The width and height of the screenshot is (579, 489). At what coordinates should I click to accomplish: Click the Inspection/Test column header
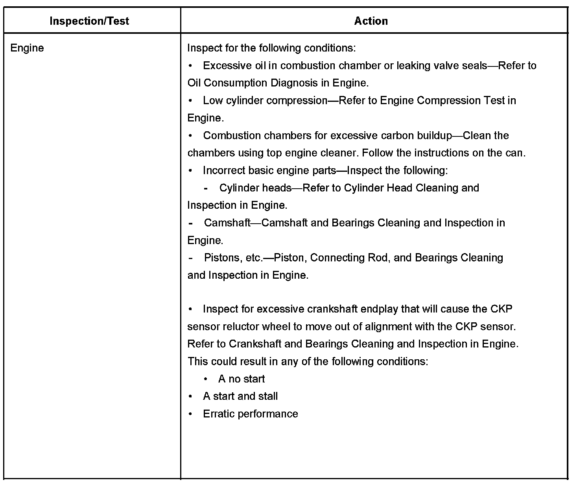point(89,21)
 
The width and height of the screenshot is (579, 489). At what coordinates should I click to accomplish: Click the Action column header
point(371,21)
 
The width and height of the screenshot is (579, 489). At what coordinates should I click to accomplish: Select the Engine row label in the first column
point(27,48)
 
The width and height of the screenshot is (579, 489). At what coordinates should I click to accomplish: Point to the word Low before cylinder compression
point(213,101)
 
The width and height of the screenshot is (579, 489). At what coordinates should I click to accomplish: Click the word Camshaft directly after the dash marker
point(227,223)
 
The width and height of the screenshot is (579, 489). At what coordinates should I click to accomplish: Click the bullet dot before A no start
point(206,379)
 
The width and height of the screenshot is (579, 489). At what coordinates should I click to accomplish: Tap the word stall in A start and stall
point(268,396)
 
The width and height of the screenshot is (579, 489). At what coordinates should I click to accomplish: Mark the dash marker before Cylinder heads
point(206,188)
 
